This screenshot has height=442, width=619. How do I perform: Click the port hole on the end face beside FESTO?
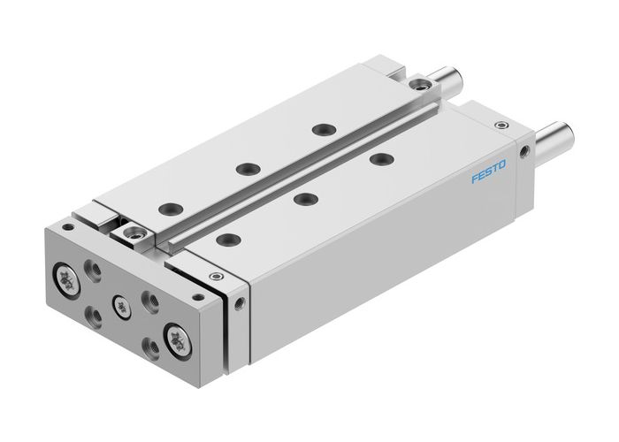tap(528, 153)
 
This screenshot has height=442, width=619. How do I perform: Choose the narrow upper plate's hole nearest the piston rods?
tap(318, 129)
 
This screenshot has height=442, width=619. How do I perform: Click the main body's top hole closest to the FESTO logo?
tap(381, 159)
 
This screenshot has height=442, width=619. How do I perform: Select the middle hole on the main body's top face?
tap(306, 196)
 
